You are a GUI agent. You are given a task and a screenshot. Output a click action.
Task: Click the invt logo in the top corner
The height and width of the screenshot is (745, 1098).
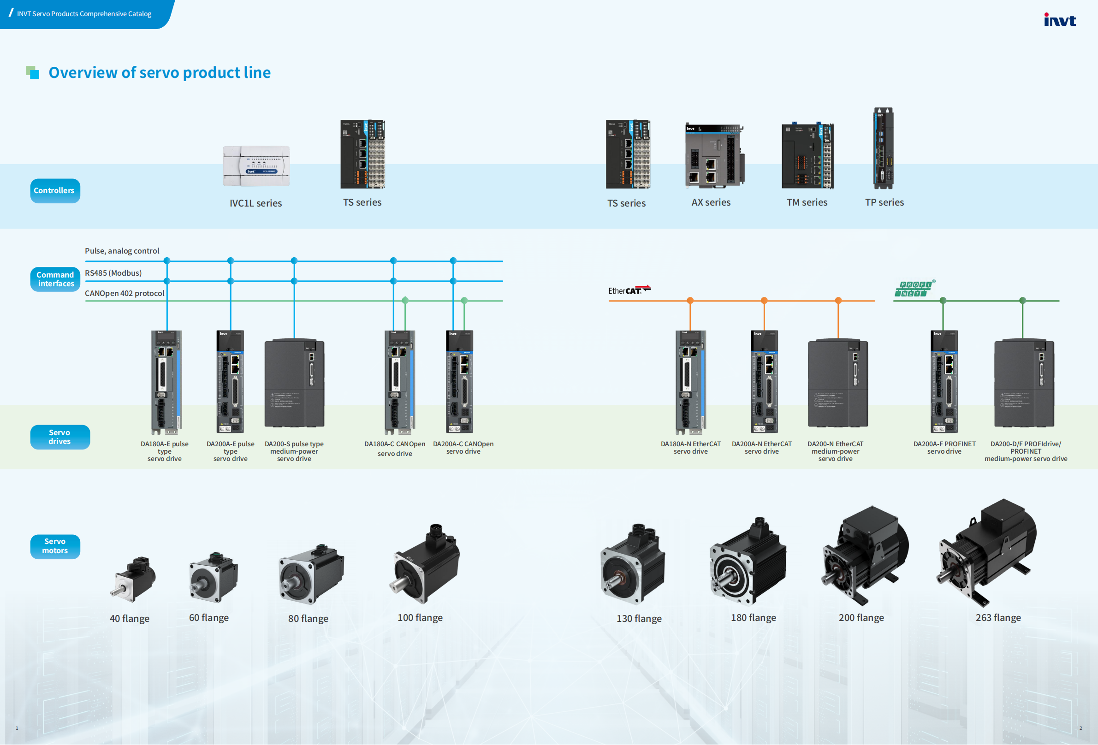[x=1059, y=19]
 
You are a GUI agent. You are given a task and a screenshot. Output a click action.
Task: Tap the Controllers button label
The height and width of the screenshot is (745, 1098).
[x=55, y=191]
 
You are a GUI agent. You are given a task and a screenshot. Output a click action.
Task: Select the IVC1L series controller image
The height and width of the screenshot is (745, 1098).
[x=256, y=166]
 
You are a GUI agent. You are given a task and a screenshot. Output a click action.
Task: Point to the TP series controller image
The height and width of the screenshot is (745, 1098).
[x=883, y=148]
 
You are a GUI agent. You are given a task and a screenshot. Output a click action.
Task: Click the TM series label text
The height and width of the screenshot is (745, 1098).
[x=807, y=203]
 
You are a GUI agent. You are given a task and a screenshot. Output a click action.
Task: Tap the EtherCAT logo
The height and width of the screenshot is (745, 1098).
[x=629, y=290]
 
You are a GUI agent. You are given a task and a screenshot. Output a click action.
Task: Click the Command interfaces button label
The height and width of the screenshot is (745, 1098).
[x=55, y=280]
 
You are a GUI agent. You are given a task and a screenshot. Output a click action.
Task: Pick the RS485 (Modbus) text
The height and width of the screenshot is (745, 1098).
[x=113, y=273]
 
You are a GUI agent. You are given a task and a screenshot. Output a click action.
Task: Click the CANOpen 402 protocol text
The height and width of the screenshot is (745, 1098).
[x=125, y=293]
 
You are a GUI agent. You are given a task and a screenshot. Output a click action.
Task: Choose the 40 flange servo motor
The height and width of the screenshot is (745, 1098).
[x=134, y=579]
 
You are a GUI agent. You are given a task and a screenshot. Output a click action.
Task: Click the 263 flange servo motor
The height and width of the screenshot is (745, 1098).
[x=987, y=553]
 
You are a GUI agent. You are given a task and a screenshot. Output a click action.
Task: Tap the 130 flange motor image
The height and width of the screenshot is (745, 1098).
[x=633, y=564]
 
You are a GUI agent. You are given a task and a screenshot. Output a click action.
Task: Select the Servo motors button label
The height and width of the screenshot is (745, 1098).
[x=55, y=547]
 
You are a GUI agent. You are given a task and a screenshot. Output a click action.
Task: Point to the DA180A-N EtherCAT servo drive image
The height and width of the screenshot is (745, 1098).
[x=690, y=382]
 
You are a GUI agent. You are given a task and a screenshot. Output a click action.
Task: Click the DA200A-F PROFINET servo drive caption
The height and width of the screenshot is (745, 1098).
[x=944, y=448]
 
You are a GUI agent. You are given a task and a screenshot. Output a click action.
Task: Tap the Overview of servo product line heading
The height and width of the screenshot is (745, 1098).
[x=160, y=73]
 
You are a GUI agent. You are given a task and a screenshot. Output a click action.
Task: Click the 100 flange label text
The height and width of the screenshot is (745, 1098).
[x=420, y=618]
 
